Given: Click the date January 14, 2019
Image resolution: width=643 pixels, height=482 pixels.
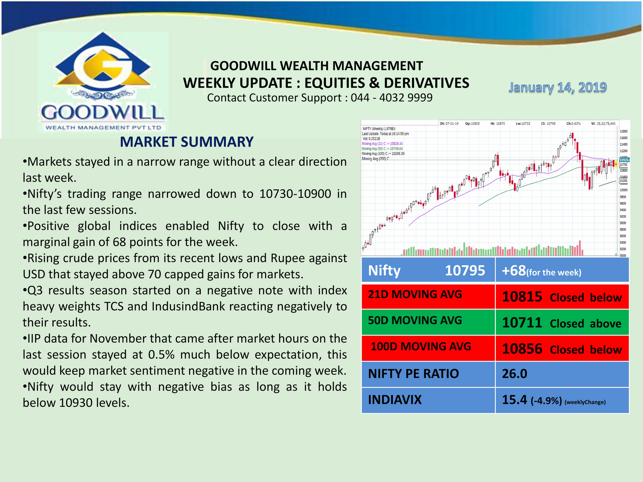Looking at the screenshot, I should (557, 87).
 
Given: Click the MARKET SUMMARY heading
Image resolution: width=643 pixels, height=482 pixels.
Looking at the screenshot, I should (186, 142).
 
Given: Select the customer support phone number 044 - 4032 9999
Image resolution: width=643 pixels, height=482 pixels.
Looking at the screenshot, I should (391, 98).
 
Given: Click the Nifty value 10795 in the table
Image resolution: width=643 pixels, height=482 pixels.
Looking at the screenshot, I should (465, 271).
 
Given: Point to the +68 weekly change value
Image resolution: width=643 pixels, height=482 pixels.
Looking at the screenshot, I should (514, 271).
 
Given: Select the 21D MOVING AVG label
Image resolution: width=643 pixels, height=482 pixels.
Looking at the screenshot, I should (415, 295).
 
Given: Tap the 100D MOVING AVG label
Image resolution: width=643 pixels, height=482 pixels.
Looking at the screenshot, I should (421, 347).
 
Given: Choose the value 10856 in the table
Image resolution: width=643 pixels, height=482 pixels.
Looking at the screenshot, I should (522, 349).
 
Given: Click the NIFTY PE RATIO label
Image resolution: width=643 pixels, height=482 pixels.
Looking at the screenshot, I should (413, 374).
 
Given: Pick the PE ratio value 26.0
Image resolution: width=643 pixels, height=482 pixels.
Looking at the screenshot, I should (514, 374).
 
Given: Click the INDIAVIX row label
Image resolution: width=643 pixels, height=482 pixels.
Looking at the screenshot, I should (395, 400).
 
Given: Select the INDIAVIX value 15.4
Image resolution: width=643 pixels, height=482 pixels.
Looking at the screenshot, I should (514, 400).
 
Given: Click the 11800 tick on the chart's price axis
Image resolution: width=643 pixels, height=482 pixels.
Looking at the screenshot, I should (623, 131).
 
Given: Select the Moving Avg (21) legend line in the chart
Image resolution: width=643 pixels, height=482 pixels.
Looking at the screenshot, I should (382, 144).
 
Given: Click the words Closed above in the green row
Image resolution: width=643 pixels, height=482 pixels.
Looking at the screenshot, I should (585, 324).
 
